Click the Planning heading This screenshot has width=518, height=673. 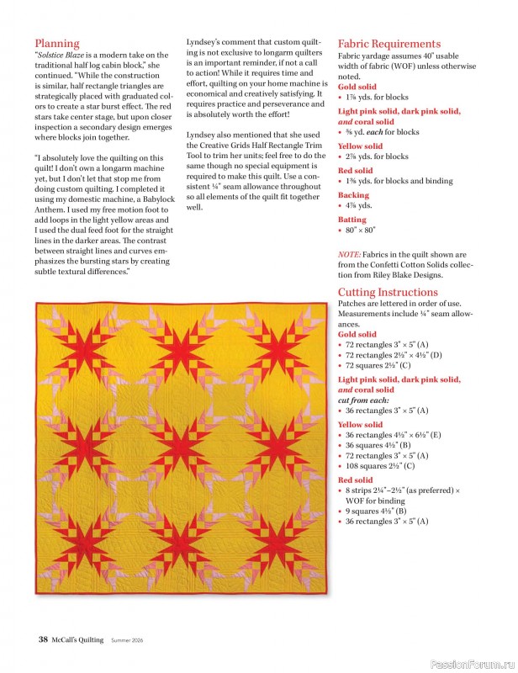[57, 43]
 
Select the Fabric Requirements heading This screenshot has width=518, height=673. [388, 44]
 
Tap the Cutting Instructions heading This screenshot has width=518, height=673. [388, 292]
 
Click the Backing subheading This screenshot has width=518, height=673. [353, 194]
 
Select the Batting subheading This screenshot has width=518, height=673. [351, 220]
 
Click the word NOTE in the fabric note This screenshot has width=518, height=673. [350, 254]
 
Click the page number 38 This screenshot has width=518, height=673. [43, 639]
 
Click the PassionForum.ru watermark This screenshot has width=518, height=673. [471, 664]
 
